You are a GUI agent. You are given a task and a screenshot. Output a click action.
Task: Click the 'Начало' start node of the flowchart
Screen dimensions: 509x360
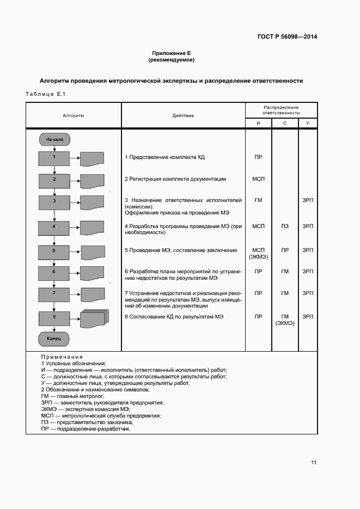pyautogui.click(x=54, y=139)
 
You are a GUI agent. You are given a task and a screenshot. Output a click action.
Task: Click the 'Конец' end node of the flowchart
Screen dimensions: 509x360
pyautogui.click(x=54, y=339)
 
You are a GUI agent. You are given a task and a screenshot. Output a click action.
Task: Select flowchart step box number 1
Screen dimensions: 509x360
pyautogui.click(x=54, y=158)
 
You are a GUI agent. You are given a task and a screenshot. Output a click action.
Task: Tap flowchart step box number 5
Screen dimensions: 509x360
pyautogui.click(x=54, y=252)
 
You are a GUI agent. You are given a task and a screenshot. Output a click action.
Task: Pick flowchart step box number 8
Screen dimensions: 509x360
pyautogui.click(x=54, y=317)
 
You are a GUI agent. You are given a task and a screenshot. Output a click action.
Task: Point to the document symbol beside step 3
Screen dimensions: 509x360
pyautogui.click(x=92, y=203)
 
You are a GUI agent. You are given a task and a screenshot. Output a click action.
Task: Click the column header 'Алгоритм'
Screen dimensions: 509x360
pyautogui.click(x=73, y=115)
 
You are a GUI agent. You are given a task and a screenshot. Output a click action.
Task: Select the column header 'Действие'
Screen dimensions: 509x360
pyautogui.click(x=183, y=115)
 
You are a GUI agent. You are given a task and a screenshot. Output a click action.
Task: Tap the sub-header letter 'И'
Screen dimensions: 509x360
pyautogui.click(x=258, y=124)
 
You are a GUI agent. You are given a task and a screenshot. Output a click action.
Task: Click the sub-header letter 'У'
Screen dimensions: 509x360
pyautogui.click(x=308, y=124)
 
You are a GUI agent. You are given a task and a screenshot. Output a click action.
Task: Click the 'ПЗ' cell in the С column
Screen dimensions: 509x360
pyautogui.click(x=285, y=225)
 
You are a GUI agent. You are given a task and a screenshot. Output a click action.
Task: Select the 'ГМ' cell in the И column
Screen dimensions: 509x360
pyautogui.click(x=258, y=200)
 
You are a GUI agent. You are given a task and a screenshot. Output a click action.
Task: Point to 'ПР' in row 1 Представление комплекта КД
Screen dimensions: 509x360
pyautogui.click(x=258, y=157)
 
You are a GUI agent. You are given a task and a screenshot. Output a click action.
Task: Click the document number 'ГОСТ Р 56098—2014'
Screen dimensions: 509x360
pyautogui.click(x=287, y=37)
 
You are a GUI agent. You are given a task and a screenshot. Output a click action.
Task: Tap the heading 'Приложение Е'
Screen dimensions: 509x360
pyautogui.click(x=171, y=53)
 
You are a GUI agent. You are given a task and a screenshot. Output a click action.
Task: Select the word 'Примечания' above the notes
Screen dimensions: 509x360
pyautogui.click(x=62, y=357)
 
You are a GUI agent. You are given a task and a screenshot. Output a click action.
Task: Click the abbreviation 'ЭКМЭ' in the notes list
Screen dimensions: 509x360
pyautogui.click(x=50, y=409)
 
